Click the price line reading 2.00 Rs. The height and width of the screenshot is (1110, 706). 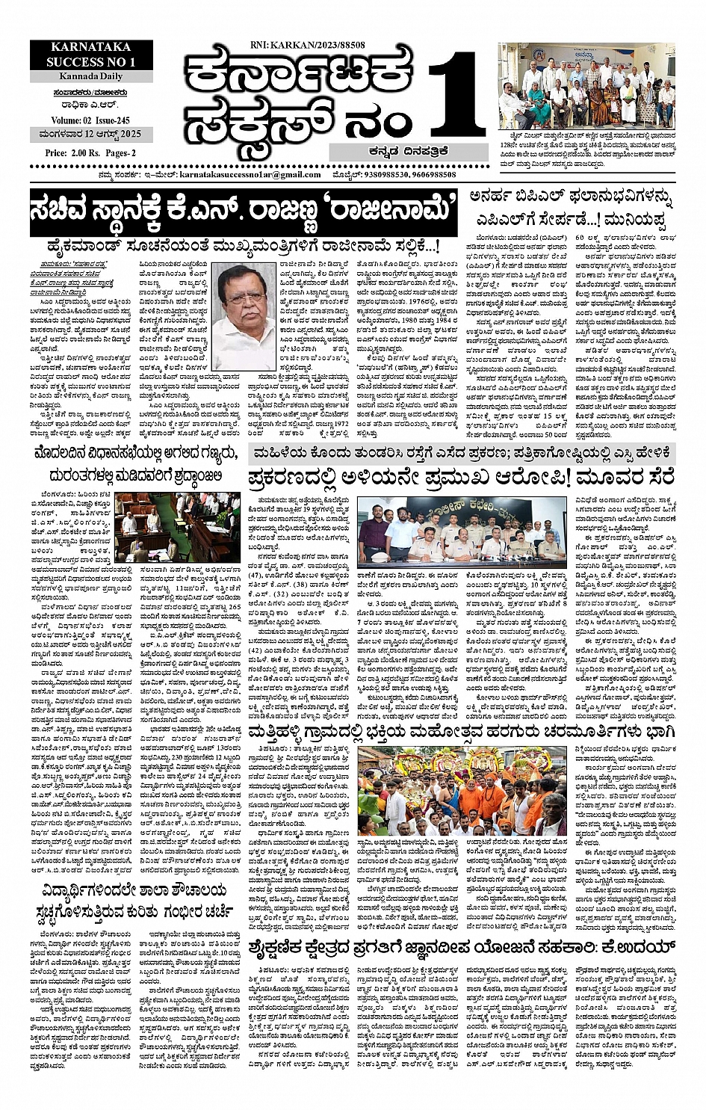[x=69, y=152]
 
